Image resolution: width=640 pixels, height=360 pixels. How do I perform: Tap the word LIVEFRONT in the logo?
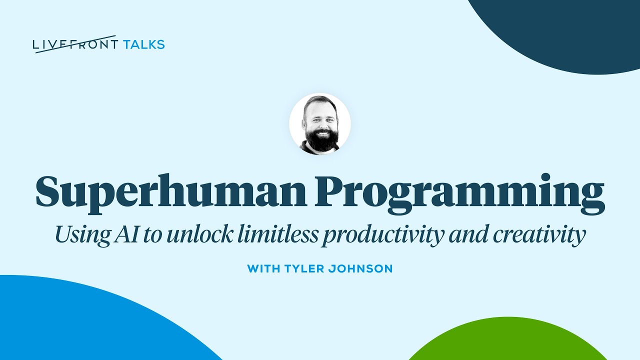pos(75,44)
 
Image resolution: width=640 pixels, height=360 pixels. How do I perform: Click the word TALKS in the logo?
pos(143,44)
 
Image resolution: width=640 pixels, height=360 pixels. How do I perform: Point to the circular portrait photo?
pos(320,123)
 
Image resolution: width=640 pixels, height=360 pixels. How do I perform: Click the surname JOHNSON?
pos(362,269)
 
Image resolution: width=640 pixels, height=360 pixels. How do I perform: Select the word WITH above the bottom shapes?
pos(263,269)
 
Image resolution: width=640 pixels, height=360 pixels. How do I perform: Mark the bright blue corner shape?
pos(75,325)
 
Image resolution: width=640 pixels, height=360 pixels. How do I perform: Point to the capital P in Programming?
pos(328,192)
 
